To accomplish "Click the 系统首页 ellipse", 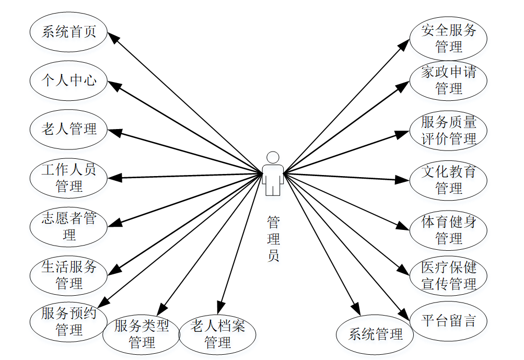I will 69,32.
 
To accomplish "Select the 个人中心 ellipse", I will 69,80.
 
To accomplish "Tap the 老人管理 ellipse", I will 69,129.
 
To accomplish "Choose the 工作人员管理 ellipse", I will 69,178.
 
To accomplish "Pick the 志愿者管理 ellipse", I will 69,226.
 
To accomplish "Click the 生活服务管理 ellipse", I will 69,275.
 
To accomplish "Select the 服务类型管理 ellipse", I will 142,334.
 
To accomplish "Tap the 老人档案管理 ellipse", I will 218,334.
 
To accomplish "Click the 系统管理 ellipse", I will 375,334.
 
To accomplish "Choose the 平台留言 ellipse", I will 449,320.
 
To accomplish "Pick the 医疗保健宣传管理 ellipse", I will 449,276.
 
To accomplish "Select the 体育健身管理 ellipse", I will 449,230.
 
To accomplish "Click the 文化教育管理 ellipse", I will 449,180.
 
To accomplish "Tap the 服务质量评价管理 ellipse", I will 449,131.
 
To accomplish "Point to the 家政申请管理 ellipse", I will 449,80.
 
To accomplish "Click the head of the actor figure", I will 273,157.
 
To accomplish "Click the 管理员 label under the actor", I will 273,239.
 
